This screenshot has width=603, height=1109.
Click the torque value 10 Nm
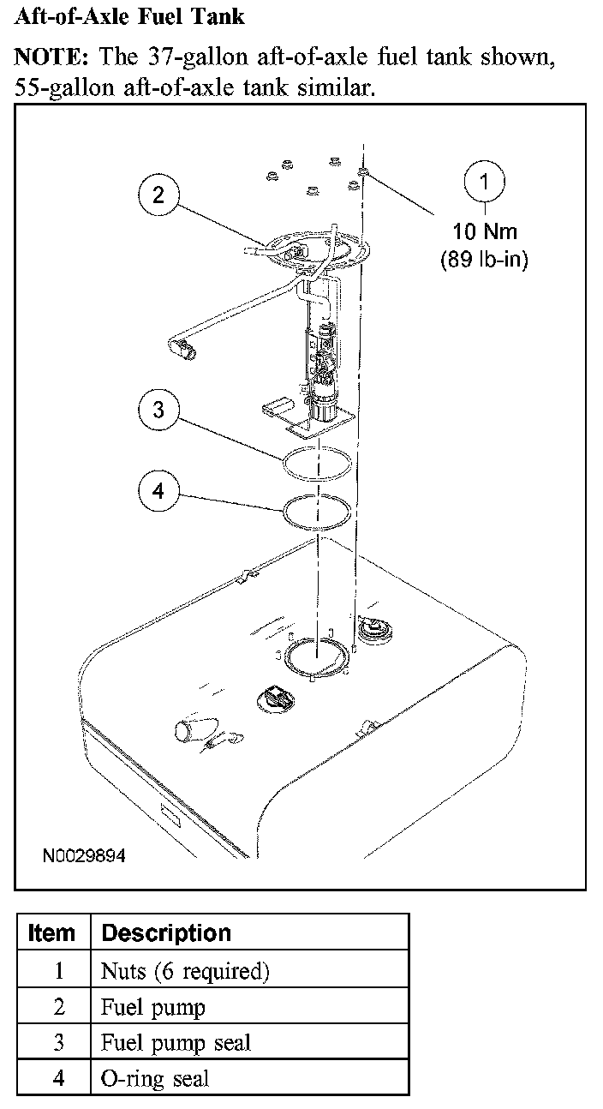pos(485,231)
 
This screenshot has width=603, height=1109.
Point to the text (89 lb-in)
pos(485,260)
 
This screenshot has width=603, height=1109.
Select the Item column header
pos(52,932)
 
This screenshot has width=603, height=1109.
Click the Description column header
pos(166,932)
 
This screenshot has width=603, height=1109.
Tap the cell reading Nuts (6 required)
pos(185,971)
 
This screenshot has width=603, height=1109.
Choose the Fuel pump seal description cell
pos(176,1043)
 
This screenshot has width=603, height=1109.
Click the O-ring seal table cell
pos(154,1079)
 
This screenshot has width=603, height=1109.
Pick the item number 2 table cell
pos(58,1007)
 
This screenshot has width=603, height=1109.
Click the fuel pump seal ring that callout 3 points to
pos(318,464)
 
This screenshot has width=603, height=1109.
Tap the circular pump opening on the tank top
pos(318,656)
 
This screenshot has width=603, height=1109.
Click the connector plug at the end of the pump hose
pos(183,348)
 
